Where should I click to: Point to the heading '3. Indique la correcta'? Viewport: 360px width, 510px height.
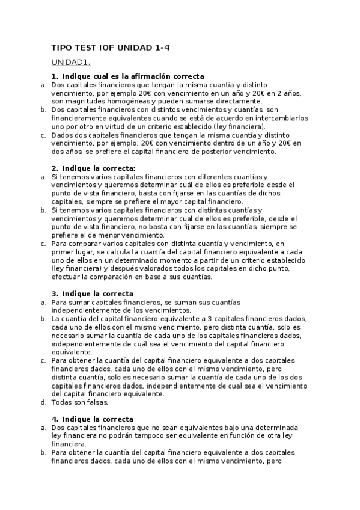point(93,293)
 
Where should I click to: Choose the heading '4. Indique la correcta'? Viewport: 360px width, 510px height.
point(93,419)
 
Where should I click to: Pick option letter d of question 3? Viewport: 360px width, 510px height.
point(43,402)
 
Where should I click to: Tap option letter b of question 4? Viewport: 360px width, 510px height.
point(43,452)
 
